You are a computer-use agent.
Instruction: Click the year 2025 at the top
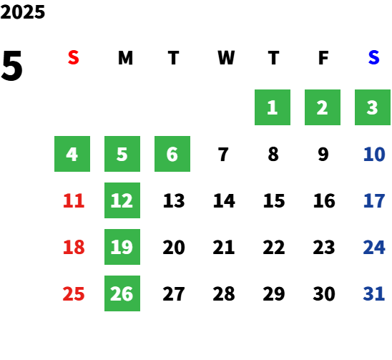click(x=22, y=12)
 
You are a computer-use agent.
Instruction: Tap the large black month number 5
click(x=11, y=66)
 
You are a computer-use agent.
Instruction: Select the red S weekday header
click(x=74, y=58)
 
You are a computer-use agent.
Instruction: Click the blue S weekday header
click(x=373, y=58)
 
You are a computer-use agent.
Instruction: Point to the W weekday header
click(x=226, y=58)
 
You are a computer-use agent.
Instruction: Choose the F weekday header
click(x=323, y=58)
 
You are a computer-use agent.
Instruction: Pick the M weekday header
click(x=125, y=58)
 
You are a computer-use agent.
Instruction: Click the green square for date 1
click(x=273, y=107)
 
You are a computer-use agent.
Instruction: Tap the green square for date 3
click(x=373, y=107)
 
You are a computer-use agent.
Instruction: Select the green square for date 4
click(x=72, y=154)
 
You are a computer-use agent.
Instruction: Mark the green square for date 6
click(x=172, y=154)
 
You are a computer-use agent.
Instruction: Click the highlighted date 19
click(x=122, y=247)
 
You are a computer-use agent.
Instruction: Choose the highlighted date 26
click(x=122, y=293)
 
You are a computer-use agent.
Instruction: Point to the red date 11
click(x=74, y=200)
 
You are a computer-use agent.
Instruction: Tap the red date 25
click(x=74, y=293)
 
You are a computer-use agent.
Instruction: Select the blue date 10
click(x=374, y=154)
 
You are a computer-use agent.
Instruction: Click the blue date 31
click(x=373, y=293)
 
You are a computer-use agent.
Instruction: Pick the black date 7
click(x=223, y=154)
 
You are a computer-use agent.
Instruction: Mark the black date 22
click(x=273, y=247)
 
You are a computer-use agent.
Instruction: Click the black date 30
click(x=324, y=293)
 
